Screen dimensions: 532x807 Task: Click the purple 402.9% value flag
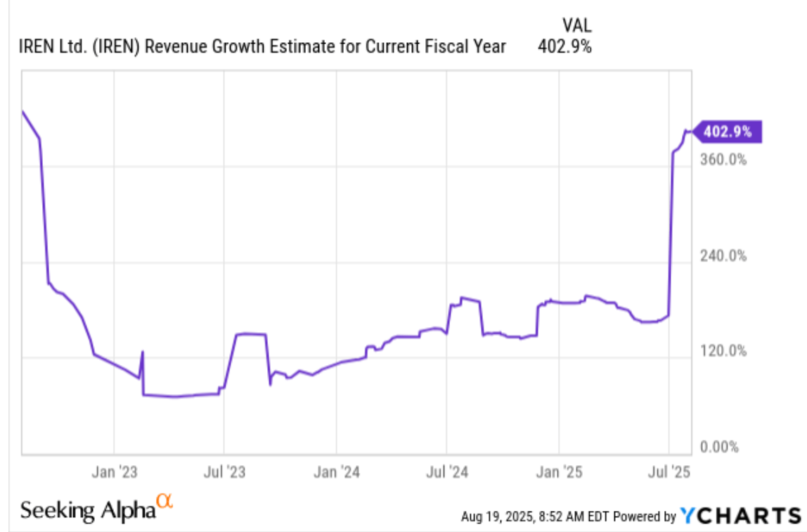pyautogui.click(x=728, y=132)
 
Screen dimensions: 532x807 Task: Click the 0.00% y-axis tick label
pyautogui.click(x=721, y=447)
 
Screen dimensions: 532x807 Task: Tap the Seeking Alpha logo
pyautogui.click(x=88, y=509)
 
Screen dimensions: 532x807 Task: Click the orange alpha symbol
pyautogui.click(x=164, y=501)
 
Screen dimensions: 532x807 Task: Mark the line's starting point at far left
pyautogui.click(x=22, y=111)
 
